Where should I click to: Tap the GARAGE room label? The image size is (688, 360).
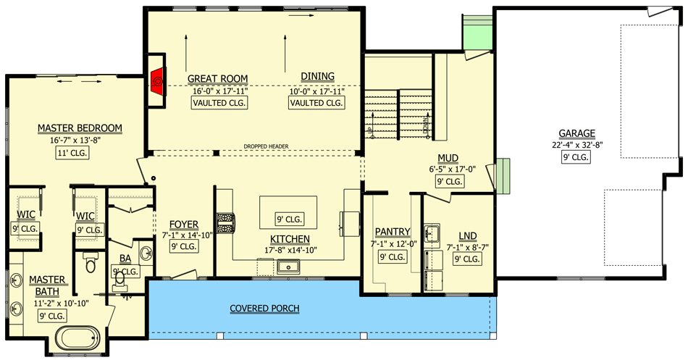pos(576,133)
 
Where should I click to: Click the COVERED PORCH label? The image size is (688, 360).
pos(264,309)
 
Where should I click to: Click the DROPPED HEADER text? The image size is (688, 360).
pos(266,146)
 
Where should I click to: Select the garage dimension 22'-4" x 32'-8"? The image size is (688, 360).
pos(576,145)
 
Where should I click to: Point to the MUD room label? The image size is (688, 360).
pos(447,159)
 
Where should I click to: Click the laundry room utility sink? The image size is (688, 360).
pos(433,234)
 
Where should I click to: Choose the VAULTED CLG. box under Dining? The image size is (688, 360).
pos(316,104)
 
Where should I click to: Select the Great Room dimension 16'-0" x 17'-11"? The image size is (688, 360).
pos(218,91)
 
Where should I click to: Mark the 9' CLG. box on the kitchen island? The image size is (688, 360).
pos(290,219)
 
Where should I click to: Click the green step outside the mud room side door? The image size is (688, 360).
pos(503,172)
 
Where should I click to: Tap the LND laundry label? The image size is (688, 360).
pos(467,235)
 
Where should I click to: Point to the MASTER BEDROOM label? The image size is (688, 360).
pos(80,128)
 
